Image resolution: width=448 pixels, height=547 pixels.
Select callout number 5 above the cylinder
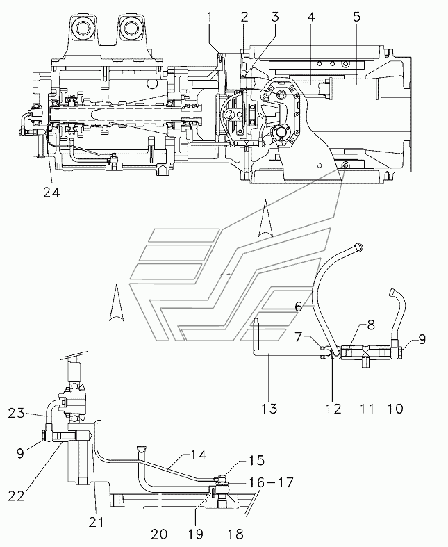pos(356,17)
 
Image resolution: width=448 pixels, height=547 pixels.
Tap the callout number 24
pos(51,193)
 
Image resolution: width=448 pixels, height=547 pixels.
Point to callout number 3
pos(276,17)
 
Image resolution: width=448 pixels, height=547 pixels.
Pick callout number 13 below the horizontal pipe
pos(269,408)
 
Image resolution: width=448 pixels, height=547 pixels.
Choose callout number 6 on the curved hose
pos(299,307)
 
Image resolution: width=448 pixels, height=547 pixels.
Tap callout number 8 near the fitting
pos(370,325)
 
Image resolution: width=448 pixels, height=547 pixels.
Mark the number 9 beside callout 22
pos(20,453)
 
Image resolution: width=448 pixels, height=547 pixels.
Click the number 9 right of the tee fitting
pos(422,339)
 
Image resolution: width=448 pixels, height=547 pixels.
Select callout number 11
pos(367,408)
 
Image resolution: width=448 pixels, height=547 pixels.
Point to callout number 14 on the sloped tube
pos(199,455)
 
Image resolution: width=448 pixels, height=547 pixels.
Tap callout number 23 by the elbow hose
pos(17,413)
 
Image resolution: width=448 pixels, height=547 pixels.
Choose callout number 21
pos(97,522)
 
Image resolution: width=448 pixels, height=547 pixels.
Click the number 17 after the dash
pos(286,482)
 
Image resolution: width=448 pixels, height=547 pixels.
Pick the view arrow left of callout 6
pos(265,218)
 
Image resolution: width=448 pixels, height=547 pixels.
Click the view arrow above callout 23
pos(117,302)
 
